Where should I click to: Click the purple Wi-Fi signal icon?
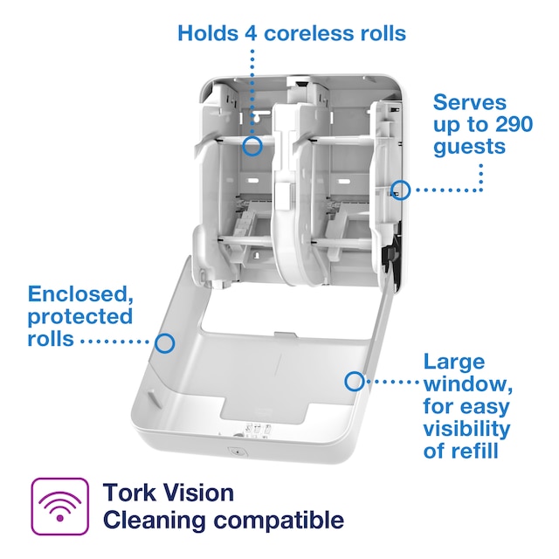(x=59, y=506)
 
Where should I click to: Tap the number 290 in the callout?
(x=508, y=124)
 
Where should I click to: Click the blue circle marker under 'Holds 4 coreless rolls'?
(x=252, y=146)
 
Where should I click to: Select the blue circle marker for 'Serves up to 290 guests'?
(x=399, y=189)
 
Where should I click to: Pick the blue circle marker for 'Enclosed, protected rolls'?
(x=164, y=342)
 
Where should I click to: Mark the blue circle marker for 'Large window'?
(x=355, y=381)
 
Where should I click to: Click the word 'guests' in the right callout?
(x=469, y=147)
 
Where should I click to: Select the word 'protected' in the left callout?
(x=80, y=315)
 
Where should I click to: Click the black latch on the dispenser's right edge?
(x=386, y=255)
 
